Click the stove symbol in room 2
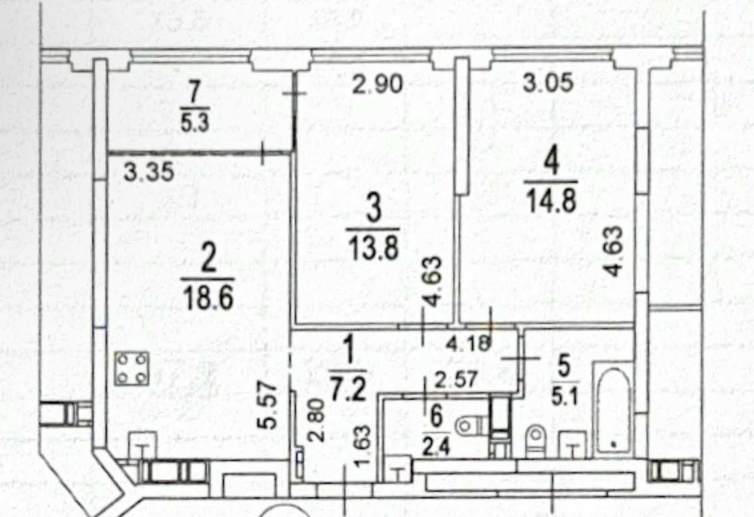(x=131, y=369)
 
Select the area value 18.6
(x=208, y=298)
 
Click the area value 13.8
(x=374, y=248)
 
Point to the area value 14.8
(x=551, y=200)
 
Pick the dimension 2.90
(x=378, y=84)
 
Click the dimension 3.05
(x=548, y=81)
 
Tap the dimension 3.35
(x=149, y=172)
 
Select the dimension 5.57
(x=267, y=405)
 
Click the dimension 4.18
(x=468, y=343)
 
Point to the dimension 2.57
(x=455, y=380)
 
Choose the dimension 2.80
(x=317, y=420)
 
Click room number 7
(x=195, y=93)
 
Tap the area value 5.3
(x=195, y=123)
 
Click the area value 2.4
(x=436, y=447)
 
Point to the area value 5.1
(x=565, y=396)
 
